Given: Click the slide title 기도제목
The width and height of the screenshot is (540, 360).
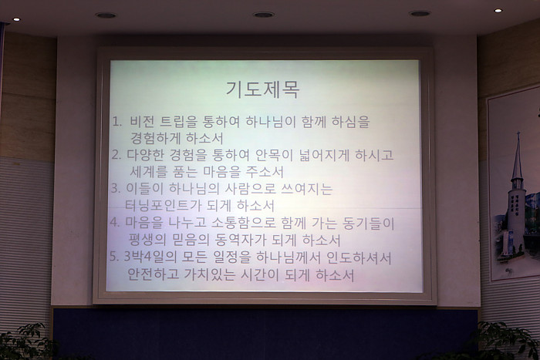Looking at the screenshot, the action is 262,90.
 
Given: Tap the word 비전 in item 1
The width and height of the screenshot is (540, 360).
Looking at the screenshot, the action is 141,122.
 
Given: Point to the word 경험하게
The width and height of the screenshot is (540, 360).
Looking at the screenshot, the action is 155,138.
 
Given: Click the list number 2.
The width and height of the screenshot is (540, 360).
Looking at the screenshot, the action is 116,155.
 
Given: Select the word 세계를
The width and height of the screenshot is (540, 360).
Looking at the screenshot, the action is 148,172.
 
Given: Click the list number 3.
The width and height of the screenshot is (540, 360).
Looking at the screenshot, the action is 116,189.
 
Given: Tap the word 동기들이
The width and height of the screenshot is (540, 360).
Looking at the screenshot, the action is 368,223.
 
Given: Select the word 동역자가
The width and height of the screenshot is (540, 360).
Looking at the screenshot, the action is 240,241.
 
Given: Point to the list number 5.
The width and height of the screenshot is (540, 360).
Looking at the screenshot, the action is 114,257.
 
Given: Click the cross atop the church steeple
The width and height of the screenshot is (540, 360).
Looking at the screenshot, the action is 518,136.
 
